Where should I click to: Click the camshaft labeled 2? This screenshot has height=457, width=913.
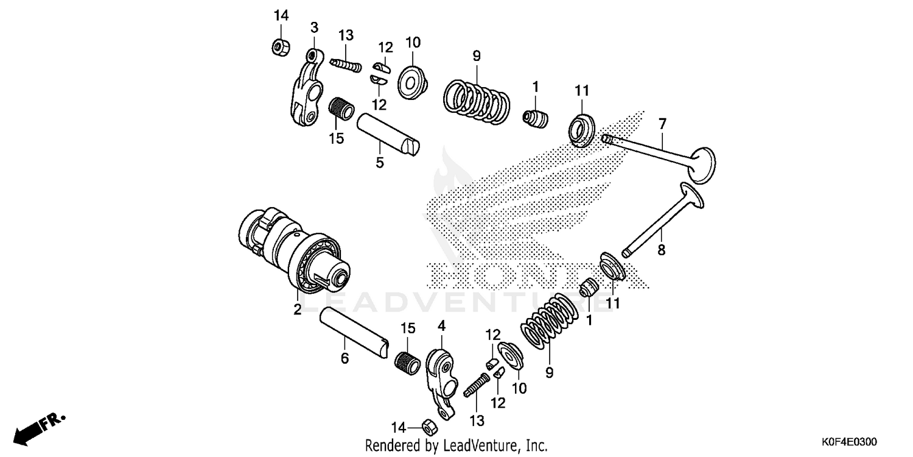click(x=292, y=247)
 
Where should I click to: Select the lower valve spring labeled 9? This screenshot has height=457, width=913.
click(x=548, y=323)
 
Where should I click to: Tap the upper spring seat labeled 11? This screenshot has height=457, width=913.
click(x=582, y=129)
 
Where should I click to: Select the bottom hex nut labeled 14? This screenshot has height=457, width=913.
click(x=428, y=425)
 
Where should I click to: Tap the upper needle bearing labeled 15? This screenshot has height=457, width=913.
click(x=341, y=110)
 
